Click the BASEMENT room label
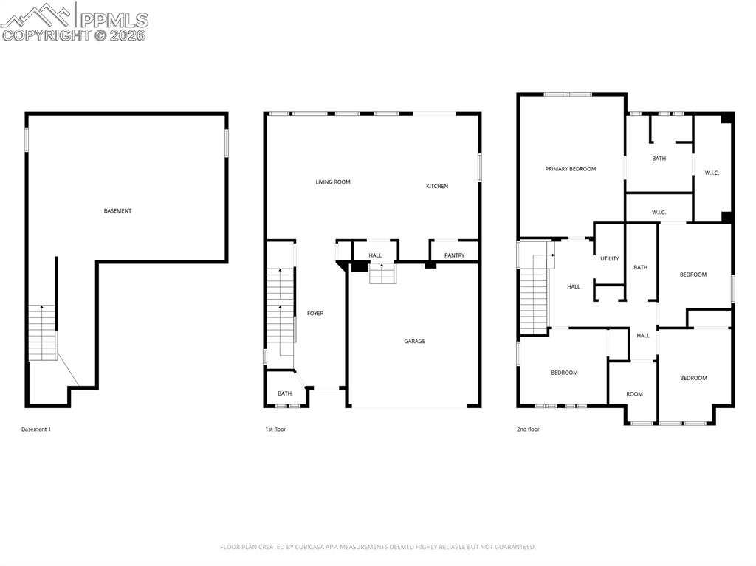pos(117,211)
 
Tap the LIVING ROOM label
pos(333,182)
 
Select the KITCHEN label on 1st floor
pos(437,186)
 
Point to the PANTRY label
pos(455,255)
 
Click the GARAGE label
pos(414,341)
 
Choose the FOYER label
pos(315,314)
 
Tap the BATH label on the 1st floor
pos(285,393)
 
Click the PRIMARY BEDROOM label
pos(571,169)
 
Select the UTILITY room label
pos(610,258)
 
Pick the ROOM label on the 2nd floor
pos(635,394)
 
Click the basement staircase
pos(43,333)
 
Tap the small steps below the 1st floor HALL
pos(382,274)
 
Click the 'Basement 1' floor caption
pos(36,429)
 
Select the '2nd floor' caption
pos(528,429)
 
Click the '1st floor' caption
pos(275,429)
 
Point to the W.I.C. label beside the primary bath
pos(712,173)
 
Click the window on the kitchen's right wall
pos(480,168)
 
